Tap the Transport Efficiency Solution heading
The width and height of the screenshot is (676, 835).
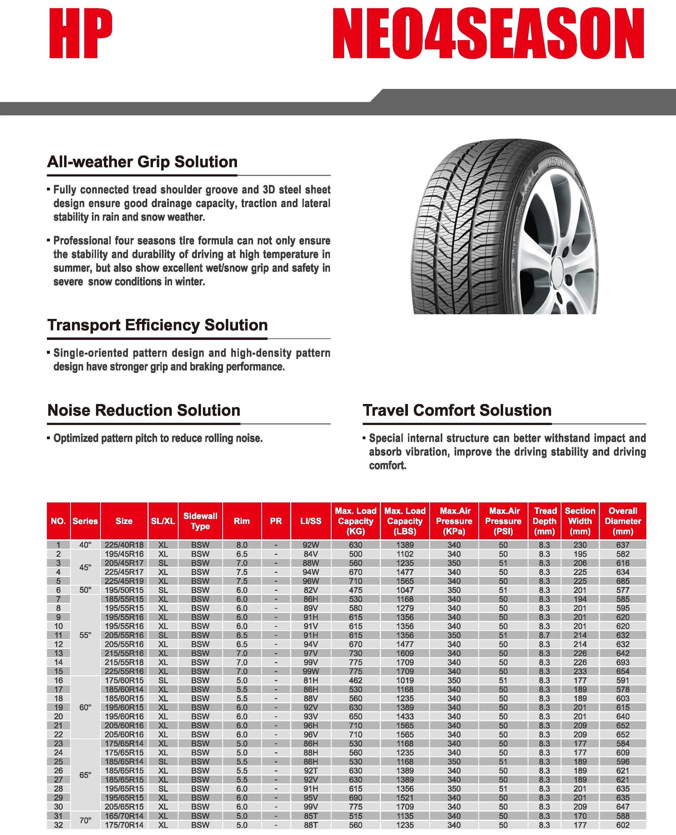pos(157,325)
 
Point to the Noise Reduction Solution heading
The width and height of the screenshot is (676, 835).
pos(144,410)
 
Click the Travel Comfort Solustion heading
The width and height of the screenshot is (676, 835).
pos(457,410)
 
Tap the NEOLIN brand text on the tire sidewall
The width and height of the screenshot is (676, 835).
pos(557,163)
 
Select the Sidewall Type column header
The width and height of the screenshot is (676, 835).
pos(200,521)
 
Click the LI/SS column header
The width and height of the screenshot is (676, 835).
pos(311,521)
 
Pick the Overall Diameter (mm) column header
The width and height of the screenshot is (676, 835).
pos(623,521)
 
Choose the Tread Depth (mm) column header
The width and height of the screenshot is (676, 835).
pos(544,521)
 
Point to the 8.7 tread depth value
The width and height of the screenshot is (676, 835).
pos(544,635)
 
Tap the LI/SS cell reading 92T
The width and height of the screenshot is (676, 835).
pos(311,770)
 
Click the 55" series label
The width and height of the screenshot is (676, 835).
pos(85,635)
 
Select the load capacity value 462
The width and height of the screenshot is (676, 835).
pos(356,680)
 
